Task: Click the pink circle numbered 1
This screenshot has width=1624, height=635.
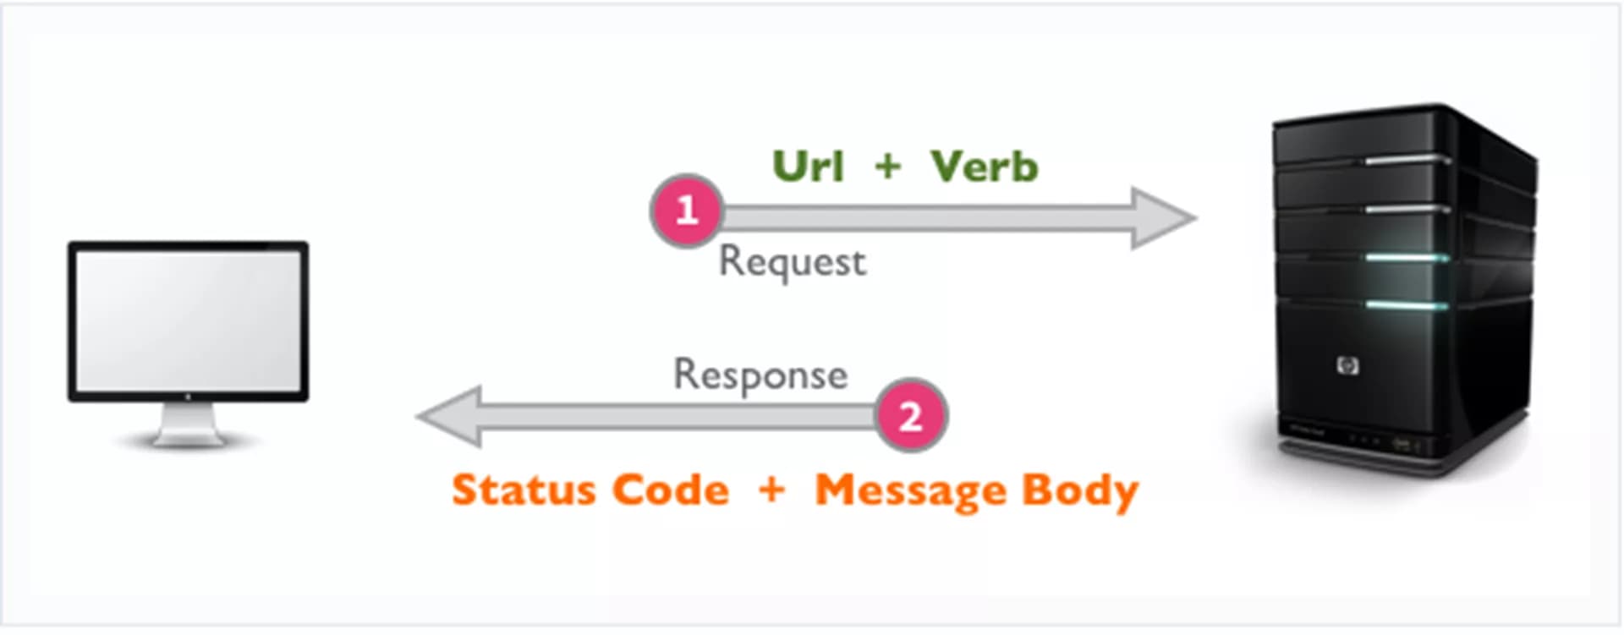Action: click(687, 211)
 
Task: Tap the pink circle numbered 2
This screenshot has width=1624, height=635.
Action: click(910, 415)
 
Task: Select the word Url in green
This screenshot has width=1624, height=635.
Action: click(809, 166)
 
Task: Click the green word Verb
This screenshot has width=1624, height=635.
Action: click(984, 166)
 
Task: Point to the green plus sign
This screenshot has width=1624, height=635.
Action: click(887, 166)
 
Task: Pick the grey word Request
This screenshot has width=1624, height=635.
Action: click(792, 262)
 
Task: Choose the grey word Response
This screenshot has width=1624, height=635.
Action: click(760, 375)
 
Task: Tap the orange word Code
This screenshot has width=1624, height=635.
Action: click(670, 490)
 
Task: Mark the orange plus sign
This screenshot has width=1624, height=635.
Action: click(771, 489)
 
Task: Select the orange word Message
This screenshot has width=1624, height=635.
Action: click(910, 491)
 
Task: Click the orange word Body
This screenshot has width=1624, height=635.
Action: click(1080, 491)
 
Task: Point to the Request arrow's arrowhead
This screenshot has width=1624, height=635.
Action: click(1164, 218)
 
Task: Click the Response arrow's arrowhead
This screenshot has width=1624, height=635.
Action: click(449, 416)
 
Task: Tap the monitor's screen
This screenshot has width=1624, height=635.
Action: click(188, 320)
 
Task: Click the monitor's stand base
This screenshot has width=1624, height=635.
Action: click(188, 439)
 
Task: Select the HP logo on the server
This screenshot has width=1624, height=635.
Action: click(1347, 365)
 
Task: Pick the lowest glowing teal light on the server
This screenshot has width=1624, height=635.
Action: click(1407, 305)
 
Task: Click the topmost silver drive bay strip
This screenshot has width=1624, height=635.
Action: click(1407, 160)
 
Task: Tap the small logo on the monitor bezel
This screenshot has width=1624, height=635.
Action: click(188, 396)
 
